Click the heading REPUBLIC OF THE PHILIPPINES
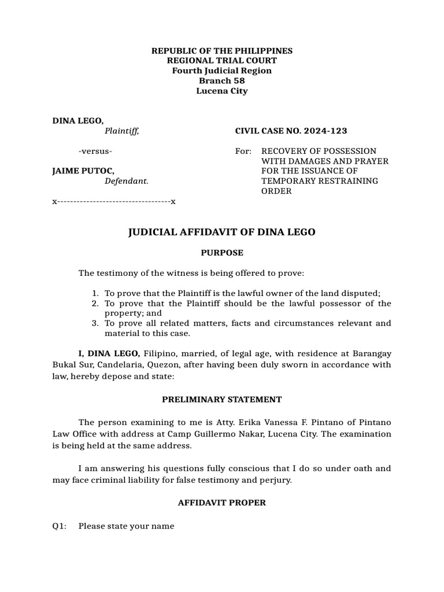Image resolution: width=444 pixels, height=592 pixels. (x=222, y=51)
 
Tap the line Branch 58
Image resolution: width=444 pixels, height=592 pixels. (x=222, y=81)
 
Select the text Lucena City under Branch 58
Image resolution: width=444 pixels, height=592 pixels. (x=222, y=91)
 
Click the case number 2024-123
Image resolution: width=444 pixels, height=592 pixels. (x=325, y=131)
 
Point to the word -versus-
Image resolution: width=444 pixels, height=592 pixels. (x=95, y=151)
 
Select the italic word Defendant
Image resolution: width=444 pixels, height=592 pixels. (x=127, y=181)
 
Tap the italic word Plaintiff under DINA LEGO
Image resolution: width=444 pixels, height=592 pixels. (x=121, y=131)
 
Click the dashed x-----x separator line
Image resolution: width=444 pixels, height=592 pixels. (x=114, y=201)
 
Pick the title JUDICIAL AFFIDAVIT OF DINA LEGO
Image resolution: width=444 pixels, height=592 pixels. (x=222, y=232)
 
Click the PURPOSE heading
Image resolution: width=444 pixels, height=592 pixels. (x=222, y=253)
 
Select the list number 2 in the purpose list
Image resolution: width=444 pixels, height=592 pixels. (x=95, y=304)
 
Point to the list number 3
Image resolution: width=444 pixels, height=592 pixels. (x=95, y=323)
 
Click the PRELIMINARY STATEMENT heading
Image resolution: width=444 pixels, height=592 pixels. (x=222, y=399)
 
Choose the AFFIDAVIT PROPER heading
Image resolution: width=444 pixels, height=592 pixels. (x=222, y=502)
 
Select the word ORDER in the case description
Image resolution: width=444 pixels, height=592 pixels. (x=277, y=191)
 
